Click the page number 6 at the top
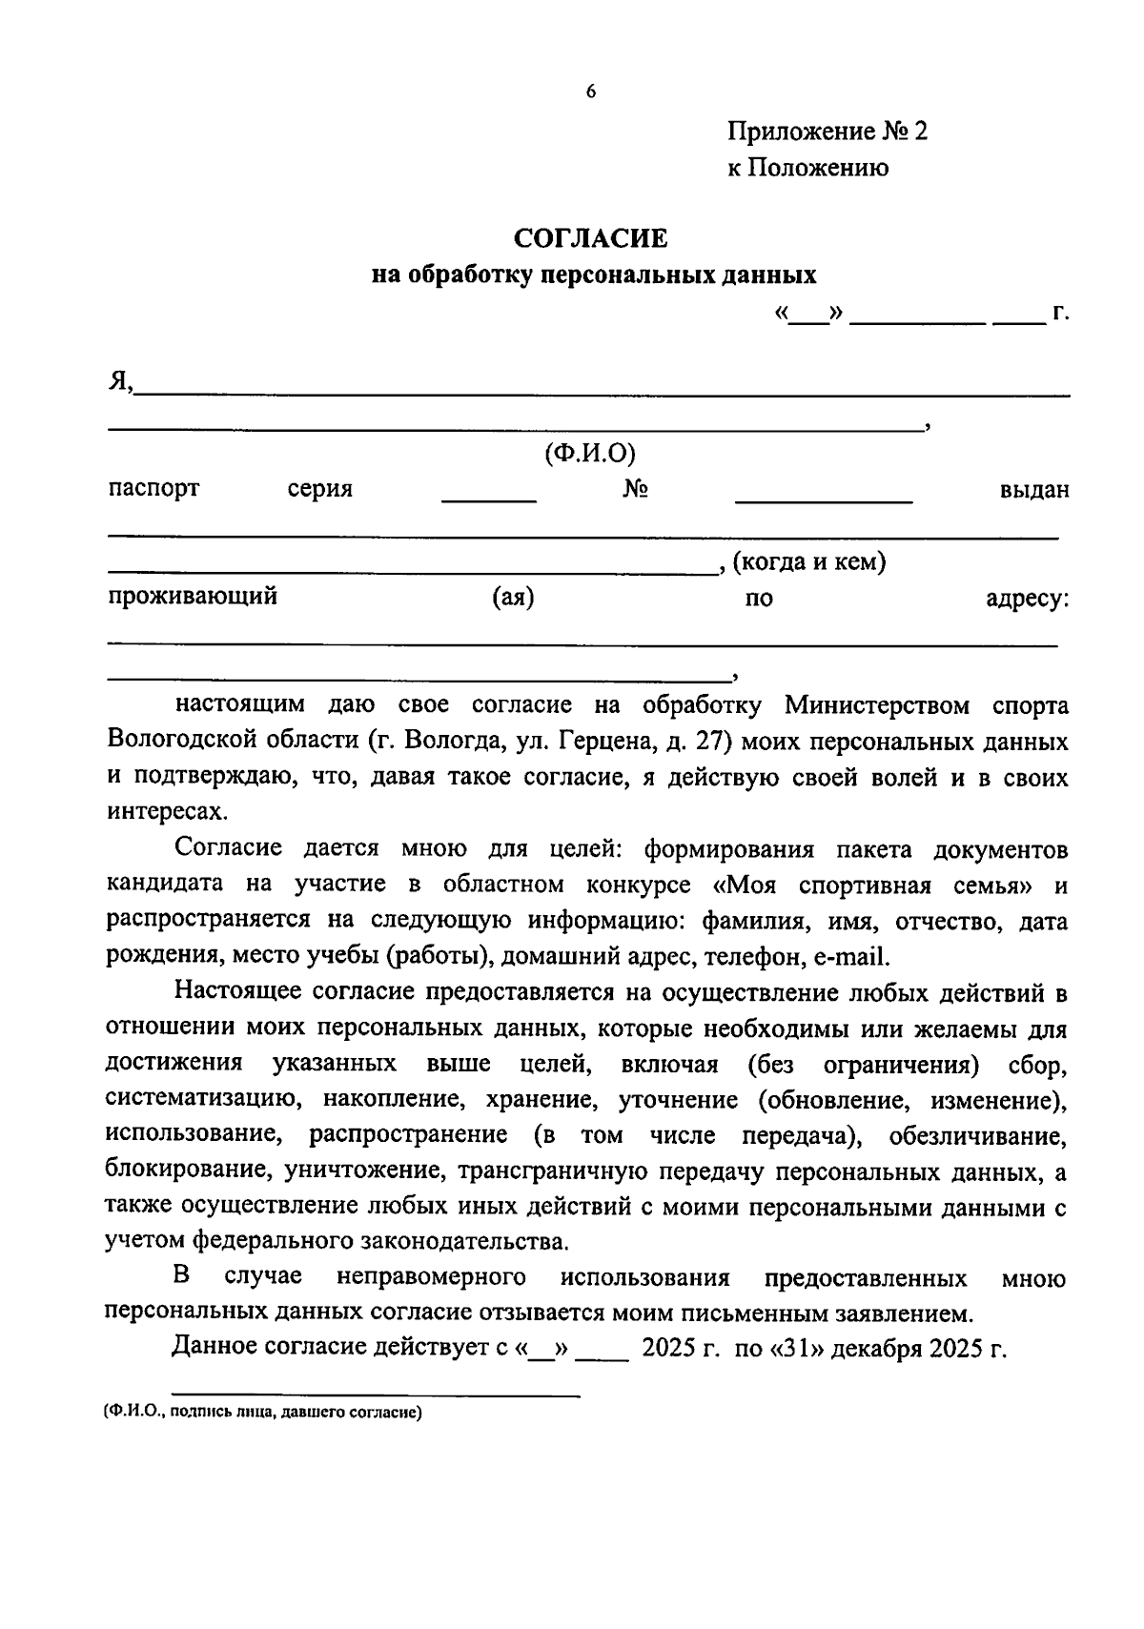[x=591, y=92]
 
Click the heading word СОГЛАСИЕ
[x=591, y=236]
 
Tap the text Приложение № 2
[x=827, y=131]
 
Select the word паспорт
[x=153, y=489]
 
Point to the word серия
[x=320, y=490]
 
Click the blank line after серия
[x=489, y=499]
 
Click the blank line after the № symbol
[x=824, y=499]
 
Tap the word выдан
[x=1033, y=490]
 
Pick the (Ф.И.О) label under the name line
[x=590, y=454]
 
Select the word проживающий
[x=193, y=598]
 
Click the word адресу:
[x=1027, y=599]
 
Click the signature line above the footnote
[x=376, y=1395]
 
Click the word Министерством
[x=877, y=705]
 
